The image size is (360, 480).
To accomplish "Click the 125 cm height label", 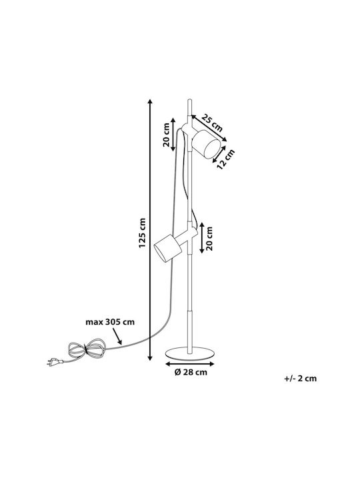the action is [142, 233].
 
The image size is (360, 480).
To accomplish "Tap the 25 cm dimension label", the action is [212, 123].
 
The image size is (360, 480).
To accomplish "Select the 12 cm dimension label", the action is [225, 159].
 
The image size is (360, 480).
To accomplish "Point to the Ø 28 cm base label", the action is [191, 372].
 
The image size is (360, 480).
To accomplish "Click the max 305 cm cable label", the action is [110, 322].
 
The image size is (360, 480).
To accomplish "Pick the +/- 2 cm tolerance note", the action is [300, 379].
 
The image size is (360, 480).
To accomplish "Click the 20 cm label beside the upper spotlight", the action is [166, 135].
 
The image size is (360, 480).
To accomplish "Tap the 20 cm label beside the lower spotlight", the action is [209, 239].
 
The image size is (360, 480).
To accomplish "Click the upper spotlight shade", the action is [207, 144].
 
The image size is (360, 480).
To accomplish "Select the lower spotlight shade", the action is [168, 248].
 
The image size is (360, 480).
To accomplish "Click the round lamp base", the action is [190, 353].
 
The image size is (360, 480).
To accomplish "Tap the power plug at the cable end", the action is [55, 362].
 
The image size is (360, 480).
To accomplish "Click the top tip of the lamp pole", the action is [189, 99].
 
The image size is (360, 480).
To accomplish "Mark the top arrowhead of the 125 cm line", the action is [150, 101].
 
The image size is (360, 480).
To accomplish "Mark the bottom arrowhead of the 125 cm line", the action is [150, 358].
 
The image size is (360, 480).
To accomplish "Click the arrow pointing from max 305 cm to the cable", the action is [117, 336].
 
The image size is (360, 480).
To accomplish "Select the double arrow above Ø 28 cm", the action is [190, 364].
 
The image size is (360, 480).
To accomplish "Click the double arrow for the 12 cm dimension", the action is [219, 154].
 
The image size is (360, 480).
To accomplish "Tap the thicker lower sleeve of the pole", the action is [190, 329].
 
